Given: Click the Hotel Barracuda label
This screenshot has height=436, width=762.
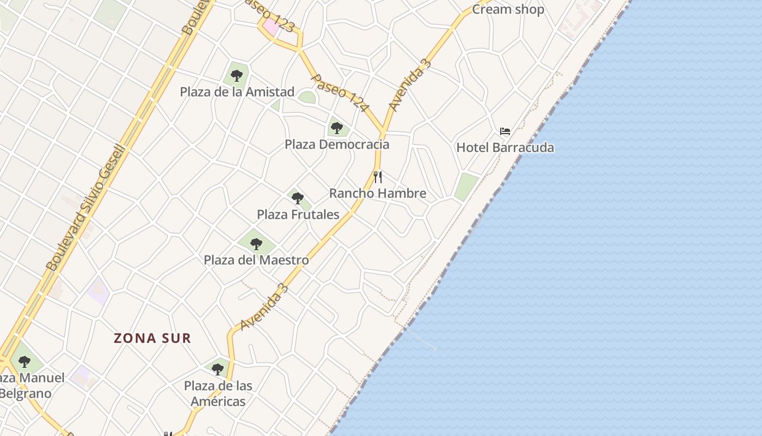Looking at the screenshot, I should (505, 148).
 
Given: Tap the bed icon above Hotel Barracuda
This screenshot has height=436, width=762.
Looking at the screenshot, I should (505, 131).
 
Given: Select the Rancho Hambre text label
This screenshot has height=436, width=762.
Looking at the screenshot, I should (378, 193).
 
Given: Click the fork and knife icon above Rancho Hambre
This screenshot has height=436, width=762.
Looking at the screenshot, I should (378, 177).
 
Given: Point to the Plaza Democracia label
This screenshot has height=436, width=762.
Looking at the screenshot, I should (337, 144).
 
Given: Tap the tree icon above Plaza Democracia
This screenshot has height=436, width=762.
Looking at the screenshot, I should (337, 128).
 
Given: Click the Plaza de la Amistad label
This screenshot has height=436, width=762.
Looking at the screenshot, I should (237, 92).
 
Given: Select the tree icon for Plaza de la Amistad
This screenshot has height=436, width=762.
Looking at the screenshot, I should (236, 76).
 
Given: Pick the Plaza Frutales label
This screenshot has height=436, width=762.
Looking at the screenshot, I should (298, 215).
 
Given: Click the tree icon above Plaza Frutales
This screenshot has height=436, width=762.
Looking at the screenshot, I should (297, 198).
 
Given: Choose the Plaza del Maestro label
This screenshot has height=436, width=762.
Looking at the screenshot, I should (256, 261).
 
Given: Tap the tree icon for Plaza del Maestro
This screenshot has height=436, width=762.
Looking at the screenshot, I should (256, 244).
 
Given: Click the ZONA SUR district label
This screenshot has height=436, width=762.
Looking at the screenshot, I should (152, 338).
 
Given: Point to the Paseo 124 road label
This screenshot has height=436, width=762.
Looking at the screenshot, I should (339, 93).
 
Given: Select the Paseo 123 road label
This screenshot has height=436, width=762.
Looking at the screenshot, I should (269, 15).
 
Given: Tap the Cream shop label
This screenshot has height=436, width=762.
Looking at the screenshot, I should (508, 9).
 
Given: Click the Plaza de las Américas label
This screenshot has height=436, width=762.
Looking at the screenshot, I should (218, 393).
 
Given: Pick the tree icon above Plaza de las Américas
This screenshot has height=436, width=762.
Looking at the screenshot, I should (218, 369).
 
